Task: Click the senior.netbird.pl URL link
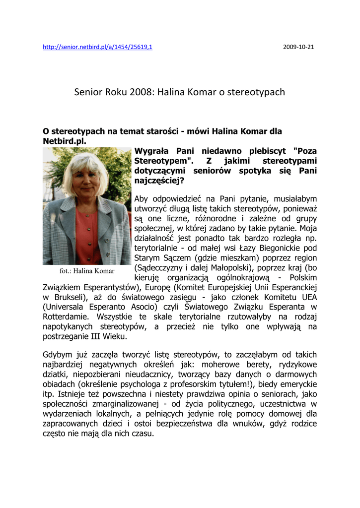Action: point(97,47)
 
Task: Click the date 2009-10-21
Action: point(298,47)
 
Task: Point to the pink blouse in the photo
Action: point(89,233)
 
